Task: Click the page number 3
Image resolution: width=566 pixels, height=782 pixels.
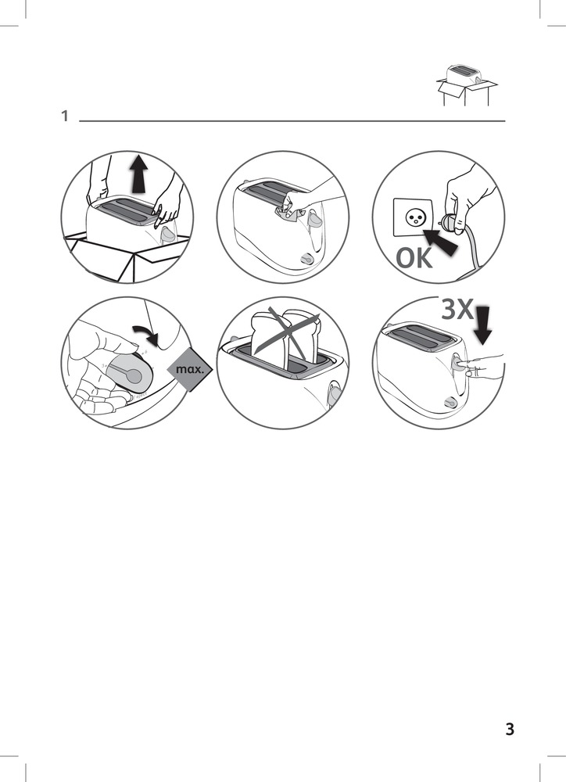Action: (x=510, y=729)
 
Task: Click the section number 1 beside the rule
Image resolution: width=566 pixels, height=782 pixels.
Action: (x=64, y=117)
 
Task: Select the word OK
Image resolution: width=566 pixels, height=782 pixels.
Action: (x=414, y=258)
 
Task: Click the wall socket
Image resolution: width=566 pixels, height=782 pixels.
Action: (x=413, y=217)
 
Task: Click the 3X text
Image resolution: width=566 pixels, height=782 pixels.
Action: (x=457, y=309)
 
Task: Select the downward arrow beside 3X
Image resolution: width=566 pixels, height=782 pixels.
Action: (x=482, y=325)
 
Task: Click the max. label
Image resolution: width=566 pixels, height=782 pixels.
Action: (x=191, y=370)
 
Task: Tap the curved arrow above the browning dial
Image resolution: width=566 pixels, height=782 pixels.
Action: (x=148, y=335)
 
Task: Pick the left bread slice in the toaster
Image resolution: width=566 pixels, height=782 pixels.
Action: (x=268, y=339)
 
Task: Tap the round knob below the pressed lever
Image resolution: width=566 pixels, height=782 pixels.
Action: (x=450, y=401)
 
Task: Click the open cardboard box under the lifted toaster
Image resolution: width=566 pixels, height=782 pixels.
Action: (x=127, y=256)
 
